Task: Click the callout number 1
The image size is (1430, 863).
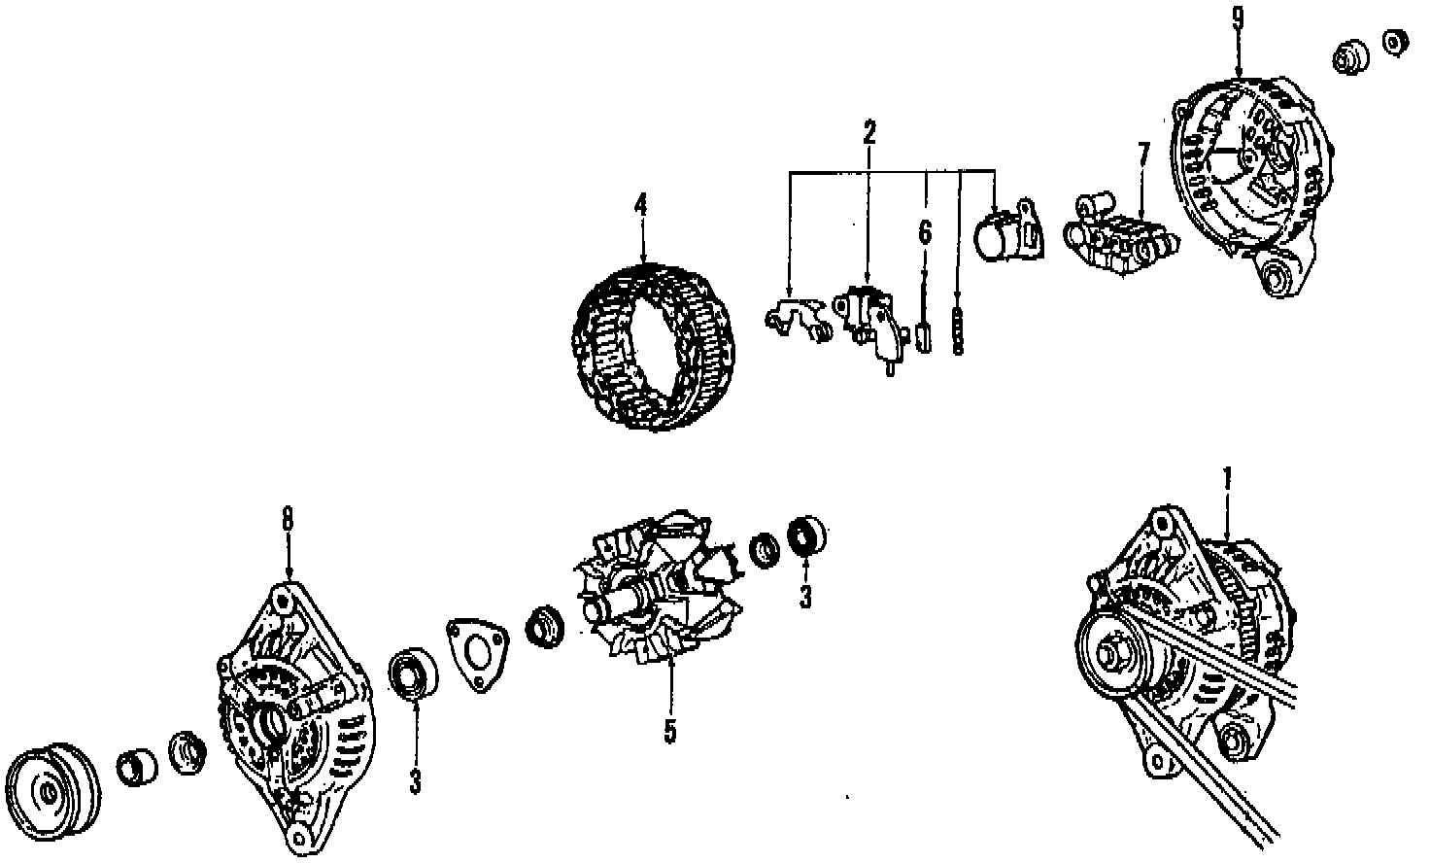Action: point(1227,479)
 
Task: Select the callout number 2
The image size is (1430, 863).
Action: point(868,131)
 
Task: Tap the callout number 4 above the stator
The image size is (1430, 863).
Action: point(639,206)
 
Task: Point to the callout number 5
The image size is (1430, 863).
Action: point(670,731)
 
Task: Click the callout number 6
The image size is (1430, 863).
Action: point(924,232)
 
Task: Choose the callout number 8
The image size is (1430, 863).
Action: point(287,521)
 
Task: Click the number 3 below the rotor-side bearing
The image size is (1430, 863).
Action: point(805,596)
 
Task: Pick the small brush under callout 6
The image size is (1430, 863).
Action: point(923,340)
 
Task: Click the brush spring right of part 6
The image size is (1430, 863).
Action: point(959,333)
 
